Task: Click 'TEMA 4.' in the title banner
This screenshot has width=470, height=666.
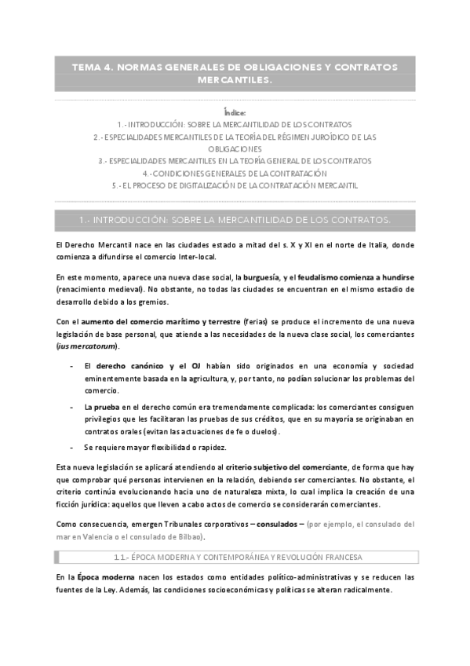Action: (x=93, y=67)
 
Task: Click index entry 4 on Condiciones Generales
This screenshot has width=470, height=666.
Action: (x=235, y=173)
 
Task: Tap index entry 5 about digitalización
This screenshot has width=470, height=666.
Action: (x=235, y=185)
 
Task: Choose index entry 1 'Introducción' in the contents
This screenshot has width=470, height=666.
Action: (x=235, y=124)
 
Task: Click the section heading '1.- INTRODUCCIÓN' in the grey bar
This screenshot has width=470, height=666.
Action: (x=235, y=218)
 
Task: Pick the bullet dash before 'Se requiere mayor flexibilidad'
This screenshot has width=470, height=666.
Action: (x=71, y=447)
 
